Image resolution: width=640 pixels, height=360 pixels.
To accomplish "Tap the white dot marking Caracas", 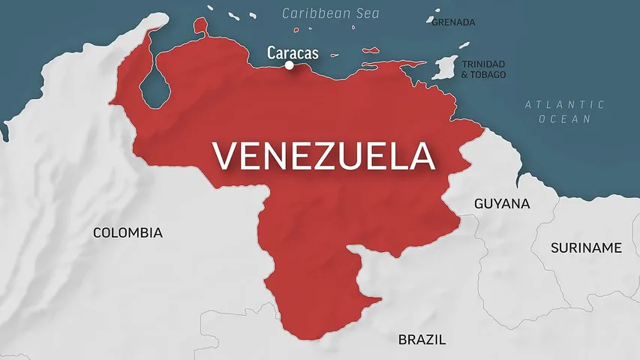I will coord(289,65).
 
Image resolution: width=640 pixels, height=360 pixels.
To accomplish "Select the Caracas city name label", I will coord(293,52).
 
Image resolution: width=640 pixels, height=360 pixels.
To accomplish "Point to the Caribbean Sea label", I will coord(331,13).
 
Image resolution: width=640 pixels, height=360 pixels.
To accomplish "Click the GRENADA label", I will coord(453,22).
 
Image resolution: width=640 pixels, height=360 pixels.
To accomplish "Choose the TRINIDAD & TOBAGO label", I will coord(483,69).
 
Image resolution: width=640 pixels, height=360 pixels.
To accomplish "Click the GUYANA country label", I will coord(502,203).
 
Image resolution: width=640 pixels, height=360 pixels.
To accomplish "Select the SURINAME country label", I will coord(586,247).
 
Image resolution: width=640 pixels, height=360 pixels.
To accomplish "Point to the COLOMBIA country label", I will coord(128,232).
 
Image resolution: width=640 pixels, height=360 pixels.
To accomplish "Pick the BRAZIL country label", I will coord(422,340).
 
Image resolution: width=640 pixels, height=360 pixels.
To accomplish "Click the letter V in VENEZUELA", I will coord(224,157).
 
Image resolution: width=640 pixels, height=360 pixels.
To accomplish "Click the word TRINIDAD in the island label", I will coord(483,64).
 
